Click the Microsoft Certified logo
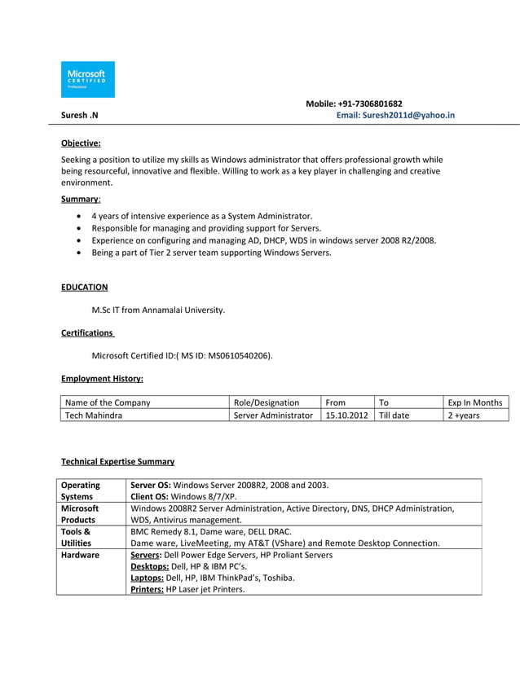coord(88,79)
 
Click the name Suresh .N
coord(80,116)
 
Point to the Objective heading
coord(81,143)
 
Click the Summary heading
coord(80,199)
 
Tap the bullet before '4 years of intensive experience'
coord(77,217)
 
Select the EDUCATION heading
coord(85,287)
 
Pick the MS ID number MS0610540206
coord(241,355)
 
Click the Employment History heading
coord(102,378)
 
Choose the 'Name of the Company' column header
coord(108,402)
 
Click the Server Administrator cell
coord(273,416)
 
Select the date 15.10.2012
coord(346,416)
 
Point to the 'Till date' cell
coord(394,416)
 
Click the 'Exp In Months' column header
coord(475,402)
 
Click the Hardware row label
coord(80,555)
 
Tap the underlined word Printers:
coord(148,589)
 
